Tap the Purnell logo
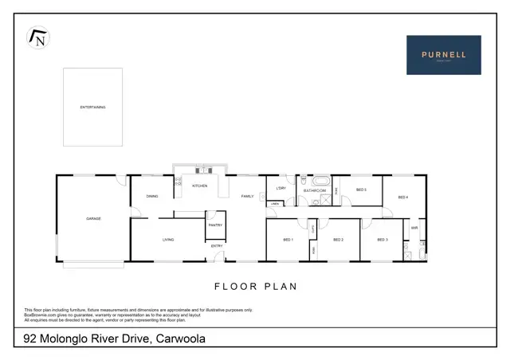coord(444,55)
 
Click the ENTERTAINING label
coord(92,107)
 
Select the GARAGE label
coord(93,218)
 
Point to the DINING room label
coord(151,196)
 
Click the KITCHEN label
coord(199,186)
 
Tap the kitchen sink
coord(204,170)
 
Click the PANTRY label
coord(215,225)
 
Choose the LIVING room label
coord(168,239)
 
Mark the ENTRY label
coord(217,246)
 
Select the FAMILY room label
coord(247,196)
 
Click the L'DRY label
coord(280,188)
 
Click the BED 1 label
coord(288,239)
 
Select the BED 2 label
coord(338,239)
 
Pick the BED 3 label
coord(382,239)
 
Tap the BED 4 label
coord(402,197)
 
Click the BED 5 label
coord(360,190)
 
